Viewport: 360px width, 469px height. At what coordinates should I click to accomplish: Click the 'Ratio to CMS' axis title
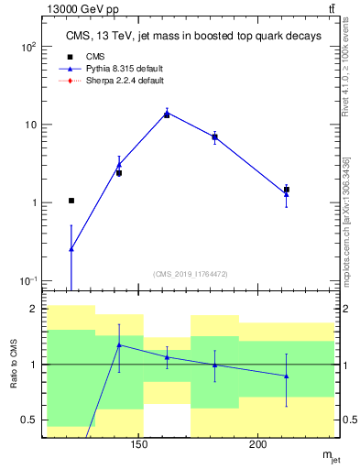[15, 365]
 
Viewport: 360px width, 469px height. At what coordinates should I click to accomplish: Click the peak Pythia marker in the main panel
[167, 114]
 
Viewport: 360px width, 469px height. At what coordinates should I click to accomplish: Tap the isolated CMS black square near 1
[71, 201]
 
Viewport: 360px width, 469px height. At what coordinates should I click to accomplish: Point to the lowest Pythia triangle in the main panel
[71, 248]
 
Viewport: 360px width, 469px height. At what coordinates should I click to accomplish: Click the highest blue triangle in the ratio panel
[119, 345]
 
